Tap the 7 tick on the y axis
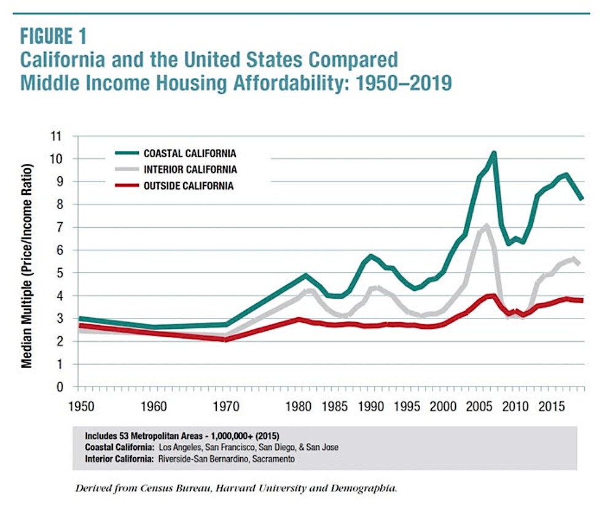(x=59, y=228)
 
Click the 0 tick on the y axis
(x=59, y=387)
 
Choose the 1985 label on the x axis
(x=334, y=406)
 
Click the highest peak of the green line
(x=493, y=153)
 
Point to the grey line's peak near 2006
(x=486, y=226)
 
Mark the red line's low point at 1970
(x=226, y=339)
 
